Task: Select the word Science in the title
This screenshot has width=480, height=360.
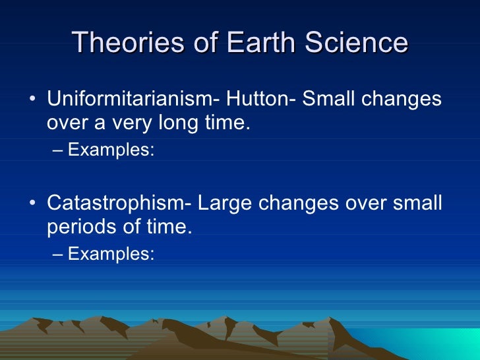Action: pyautogui.click(x=359, y=43)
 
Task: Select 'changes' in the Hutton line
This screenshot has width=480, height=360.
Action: pyautogui.click(x=404, y=100)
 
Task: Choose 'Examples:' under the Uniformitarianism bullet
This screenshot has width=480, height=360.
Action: pyautogui.click(x=111, y=150)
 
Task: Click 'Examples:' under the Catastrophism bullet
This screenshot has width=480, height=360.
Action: pyautogui.click(x=111, y=253)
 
